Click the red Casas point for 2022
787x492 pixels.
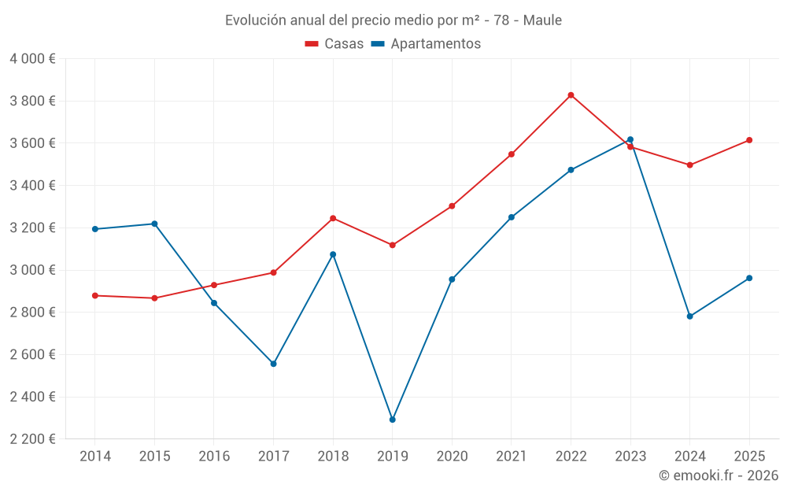pos(571,95)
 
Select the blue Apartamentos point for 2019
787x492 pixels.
pos(392,420)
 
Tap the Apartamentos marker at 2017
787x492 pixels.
pos(273,364)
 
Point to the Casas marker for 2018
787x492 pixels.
pos(333,218)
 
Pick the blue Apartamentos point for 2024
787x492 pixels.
pos(689,316)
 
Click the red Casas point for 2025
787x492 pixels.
pos(749,140)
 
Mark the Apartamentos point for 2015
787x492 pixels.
pos(154,224)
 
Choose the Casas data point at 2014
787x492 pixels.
pos(95,295)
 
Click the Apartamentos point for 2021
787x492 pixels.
pos(512,217)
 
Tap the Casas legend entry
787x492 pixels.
pos(334,44)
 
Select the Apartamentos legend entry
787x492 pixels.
pos(426,44)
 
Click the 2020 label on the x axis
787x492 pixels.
pos(452,457)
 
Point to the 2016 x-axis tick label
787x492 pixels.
pos(214,457)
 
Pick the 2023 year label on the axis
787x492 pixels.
pos(630,457)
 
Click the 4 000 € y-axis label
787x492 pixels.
pos(32,59)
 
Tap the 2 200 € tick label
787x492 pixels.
pos(32,439)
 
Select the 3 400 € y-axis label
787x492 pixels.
pos(32,186)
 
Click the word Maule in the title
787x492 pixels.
pos(542,20)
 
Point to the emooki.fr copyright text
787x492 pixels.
pos(719,475)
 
